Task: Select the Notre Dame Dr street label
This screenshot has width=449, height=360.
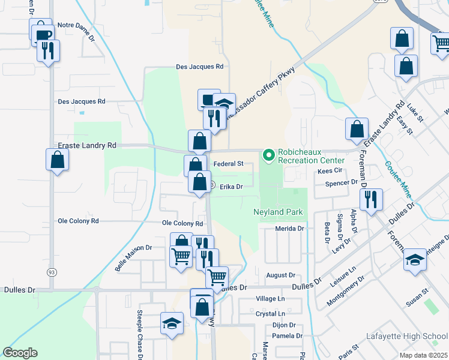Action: point(76,25)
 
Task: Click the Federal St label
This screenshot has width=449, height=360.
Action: point(228,163)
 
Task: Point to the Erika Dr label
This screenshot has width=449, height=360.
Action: point(231,187)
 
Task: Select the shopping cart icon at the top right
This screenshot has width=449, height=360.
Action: point(441,43)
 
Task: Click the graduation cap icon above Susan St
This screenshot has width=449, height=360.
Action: point(415,259)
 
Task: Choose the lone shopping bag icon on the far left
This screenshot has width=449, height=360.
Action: point(57,160)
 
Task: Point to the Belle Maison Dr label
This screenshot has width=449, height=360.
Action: point(133,257)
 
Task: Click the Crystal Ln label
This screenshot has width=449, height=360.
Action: point(270,313)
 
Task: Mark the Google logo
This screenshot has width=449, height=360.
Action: point(20,352)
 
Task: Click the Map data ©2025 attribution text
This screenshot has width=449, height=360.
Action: point(423,355)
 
